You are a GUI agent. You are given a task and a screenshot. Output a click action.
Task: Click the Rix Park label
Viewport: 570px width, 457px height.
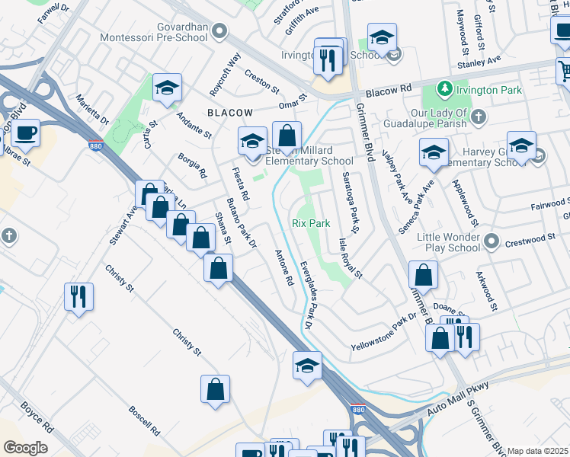point(311,223)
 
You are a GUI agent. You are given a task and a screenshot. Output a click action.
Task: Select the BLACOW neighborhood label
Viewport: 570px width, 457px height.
point(229,112)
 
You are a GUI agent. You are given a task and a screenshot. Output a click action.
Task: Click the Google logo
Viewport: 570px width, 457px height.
point(24,448)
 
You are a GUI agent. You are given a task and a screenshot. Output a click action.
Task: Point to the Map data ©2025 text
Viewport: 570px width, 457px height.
point(538,451)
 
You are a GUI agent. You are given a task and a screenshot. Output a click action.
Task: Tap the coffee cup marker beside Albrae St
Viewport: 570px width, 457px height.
point(25,133)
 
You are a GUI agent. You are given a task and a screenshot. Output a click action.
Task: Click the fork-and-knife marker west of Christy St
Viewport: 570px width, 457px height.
point(78,296)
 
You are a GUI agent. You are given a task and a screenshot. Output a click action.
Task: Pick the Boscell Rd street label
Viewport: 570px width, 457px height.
point(143,419)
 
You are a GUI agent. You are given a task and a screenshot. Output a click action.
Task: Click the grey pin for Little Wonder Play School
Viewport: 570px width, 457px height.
point(492,242)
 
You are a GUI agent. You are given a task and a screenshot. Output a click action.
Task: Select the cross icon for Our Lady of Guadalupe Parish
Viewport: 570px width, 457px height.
point(478,116)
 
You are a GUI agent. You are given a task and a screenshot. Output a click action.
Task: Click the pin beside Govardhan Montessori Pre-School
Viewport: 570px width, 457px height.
point(220,31)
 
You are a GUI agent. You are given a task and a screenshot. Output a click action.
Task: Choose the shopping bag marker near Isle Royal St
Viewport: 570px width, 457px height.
point(423,275)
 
